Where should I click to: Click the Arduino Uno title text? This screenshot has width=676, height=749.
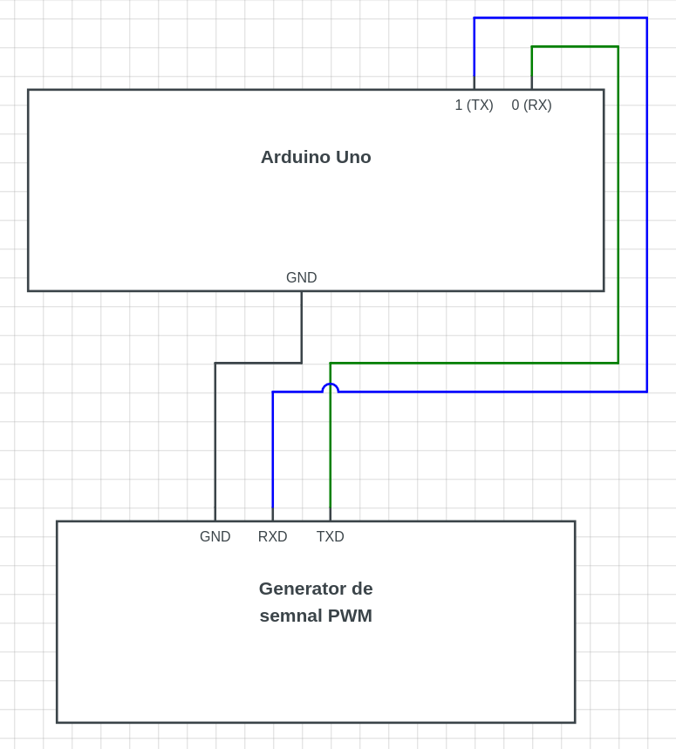pyautogui.click(x=316, y=157)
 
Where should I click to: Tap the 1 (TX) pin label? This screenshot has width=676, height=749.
pyautogui.click(x=474, y=106)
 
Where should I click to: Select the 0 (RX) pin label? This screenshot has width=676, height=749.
pyautogui.click(x=531, y=106)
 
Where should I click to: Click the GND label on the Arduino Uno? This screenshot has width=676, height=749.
pyautogui.click(x=302, y=278)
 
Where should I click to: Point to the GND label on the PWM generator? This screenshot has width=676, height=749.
pyautogui.click(x=215, y=537)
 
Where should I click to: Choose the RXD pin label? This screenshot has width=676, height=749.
pyautogui.click(x=273, y=537)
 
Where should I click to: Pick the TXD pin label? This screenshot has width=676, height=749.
pyautogui.click(x=331, y=537)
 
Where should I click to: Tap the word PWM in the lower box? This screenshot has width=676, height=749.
pyautogui.click(x=350, y=616)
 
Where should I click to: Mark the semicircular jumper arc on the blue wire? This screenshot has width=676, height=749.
pyautogui.click(x=330, y=385)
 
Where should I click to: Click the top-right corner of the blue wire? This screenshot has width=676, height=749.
pyautogui.click(x=646, y=18)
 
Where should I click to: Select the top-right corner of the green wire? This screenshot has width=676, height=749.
pyautogui.click(x=618, y=47)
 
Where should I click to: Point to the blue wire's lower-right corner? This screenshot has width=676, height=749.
pyautogui.click(x=646, y=392)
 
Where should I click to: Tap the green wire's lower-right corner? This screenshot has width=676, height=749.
pyautogui.click(x=618, y=363)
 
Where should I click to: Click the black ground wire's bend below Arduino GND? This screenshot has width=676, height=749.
pyautogui.click(x=302, y=363)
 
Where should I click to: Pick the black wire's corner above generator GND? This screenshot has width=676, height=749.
pyautogui.click(x=215, y=363)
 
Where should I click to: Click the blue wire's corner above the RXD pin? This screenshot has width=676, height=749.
pyautogui.click(x=273, y=392)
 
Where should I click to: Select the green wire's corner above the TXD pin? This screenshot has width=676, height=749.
pyautogui.click(x=331, y=363)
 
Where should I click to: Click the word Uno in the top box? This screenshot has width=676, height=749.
pyautogui.click(x=353, y=157)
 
